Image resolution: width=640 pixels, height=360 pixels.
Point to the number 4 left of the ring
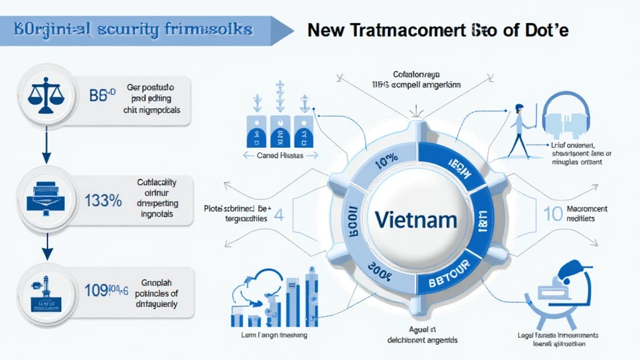click(279, 214)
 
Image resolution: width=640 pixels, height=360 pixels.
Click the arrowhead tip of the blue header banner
click(292, 29)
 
